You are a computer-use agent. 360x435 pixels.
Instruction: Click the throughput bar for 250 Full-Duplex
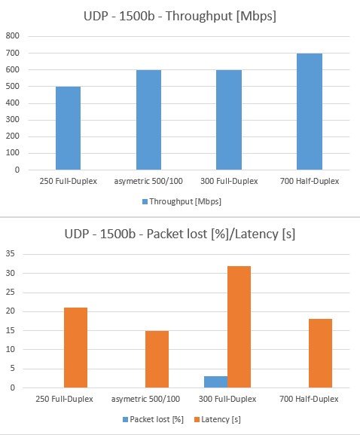[x=69, y=128]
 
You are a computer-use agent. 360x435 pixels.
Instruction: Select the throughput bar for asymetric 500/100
[x=148, y=120]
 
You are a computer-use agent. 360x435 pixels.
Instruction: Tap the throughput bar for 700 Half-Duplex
[x=310, y=112]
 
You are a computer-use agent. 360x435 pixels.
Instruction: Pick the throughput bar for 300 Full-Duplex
[x=229, y=120]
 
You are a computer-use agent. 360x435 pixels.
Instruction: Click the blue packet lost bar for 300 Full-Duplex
[x=215, y=382]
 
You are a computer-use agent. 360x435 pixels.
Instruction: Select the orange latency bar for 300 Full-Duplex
[x=239, y=327]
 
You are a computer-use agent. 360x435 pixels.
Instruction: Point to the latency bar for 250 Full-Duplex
[x=75, y=348]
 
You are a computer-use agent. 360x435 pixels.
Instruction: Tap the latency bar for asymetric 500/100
[x=157, y=360]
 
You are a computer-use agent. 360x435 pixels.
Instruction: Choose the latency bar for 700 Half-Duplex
[x=320, y=354]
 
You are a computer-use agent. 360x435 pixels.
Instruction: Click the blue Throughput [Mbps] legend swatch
[x=145, y=202]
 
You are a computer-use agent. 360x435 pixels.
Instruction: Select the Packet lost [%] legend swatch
[x=125, y=419]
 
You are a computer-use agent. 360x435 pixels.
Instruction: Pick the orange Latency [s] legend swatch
[x=197, y=419]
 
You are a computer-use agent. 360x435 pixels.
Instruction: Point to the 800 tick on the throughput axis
[x=13, y=35]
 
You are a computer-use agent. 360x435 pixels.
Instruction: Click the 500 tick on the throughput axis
[x=13, y=86]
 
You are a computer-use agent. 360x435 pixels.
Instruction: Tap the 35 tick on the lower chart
[x=11, y=253]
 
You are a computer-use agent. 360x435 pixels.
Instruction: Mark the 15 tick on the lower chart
[x=11, y=330]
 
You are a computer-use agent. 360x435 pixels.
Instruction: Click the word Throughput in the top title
[x=199, y=16]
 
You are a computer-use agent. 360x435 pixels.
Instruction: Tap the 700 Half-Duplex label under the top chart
[x=310, y=181]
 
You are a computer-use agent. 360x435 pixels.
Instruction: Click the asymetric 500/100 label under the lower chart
[x=145, y=400]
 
